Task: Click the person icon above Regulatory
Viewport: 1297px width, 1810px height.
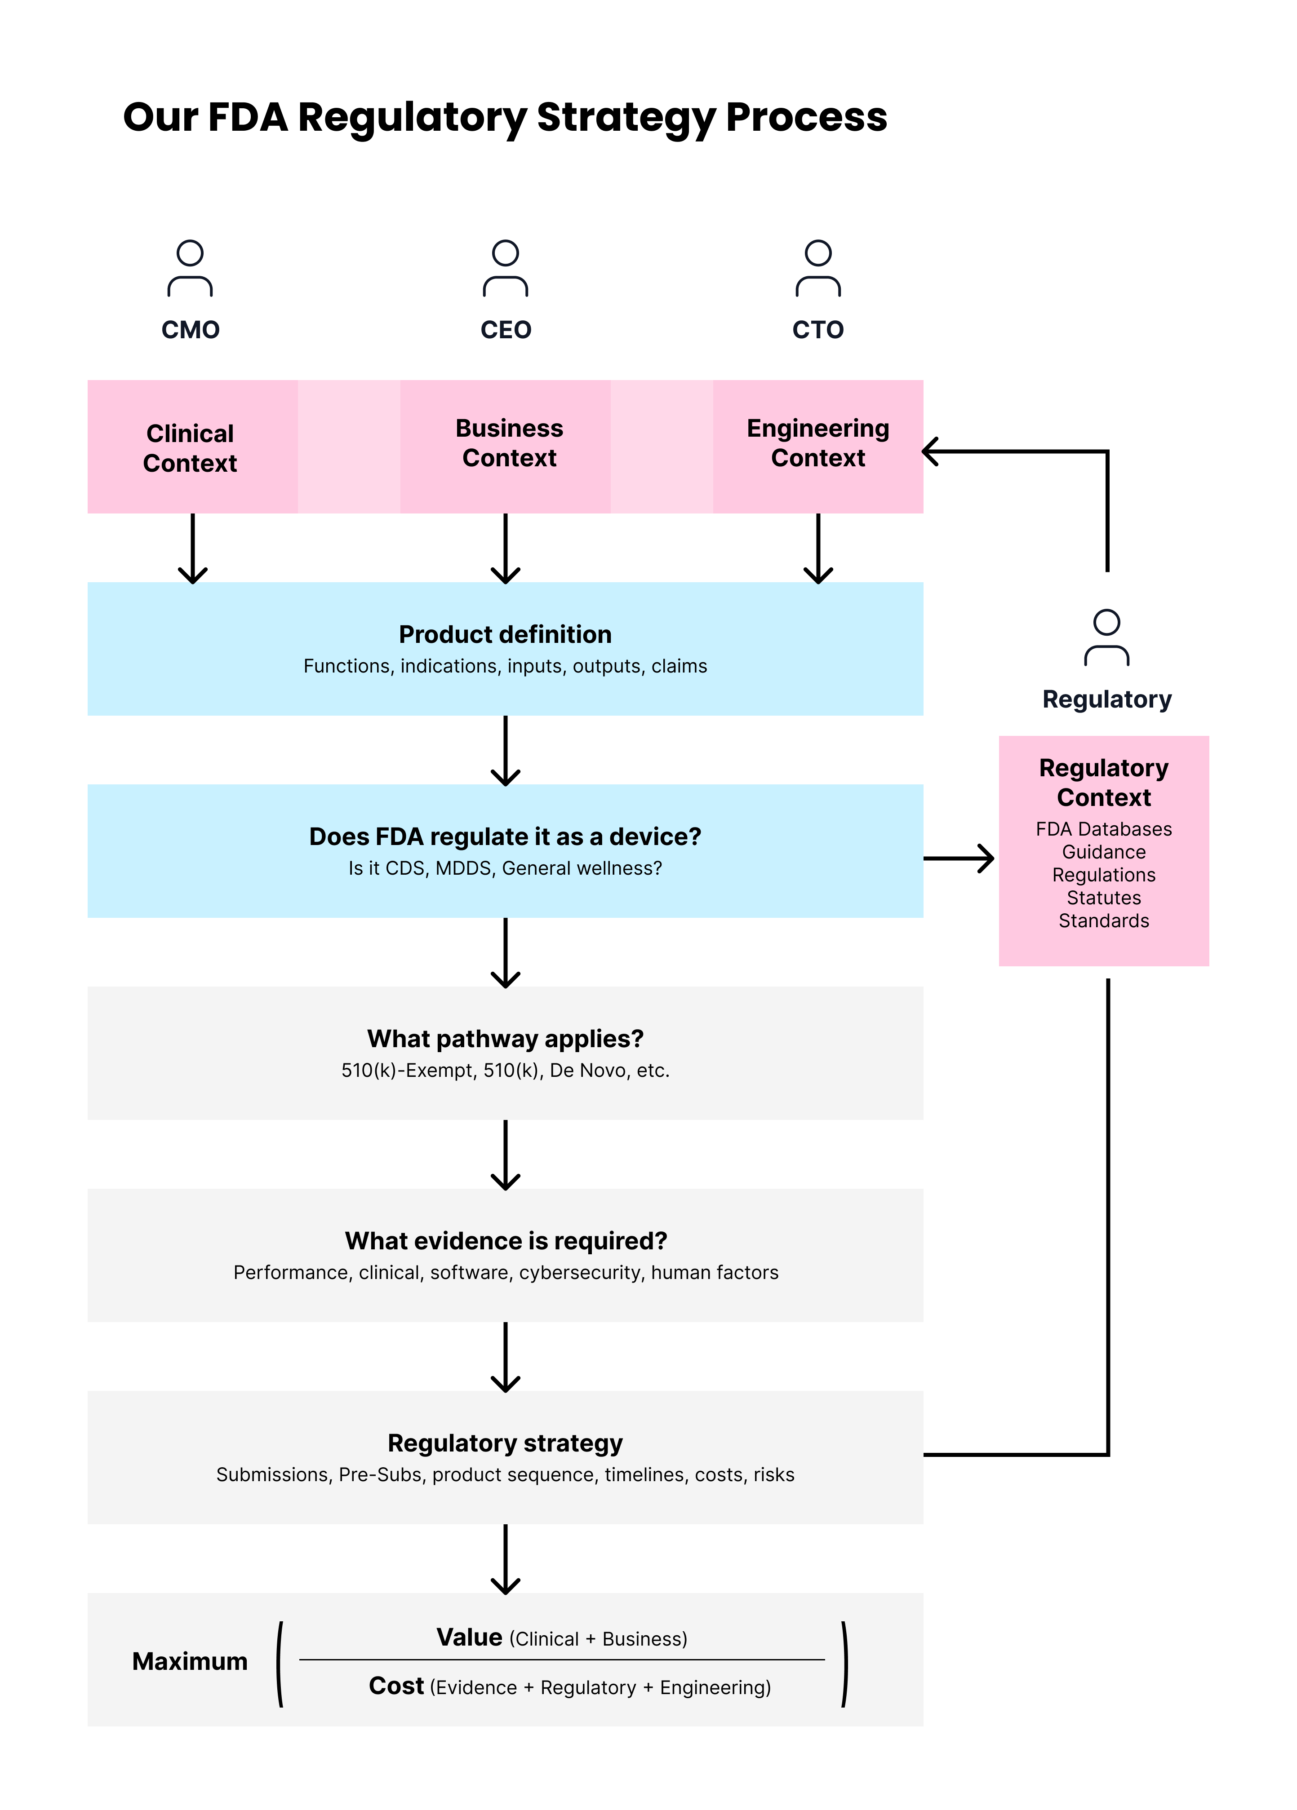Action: point(1106,637)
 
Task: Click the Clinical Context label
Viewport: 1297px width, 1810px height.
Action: point(190,448)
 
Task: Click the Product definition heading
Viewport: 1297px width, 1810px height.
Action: point(505,634)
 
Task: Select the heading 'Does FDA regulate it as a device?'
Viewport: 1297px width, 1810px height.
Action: point(505,836)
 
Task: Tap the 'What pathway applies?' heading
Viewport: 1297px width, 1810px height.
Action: point(505,1038)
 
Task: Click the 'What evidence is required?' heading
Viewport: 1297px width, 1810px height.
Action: point(505,1240)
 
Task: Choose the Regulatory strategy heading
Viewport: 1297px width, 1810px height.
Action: point(505,1443)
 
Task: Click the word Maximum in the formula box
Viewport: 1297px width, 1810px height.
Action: point(190,1661)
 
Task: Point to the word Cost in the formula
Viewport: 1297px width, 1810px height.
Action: point(396,1686)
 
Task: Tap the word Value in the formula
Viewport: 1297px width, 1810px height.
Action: point(469,1637)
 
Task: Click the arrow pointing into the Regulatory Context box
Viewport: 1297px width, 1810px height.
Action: point(959,859)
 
